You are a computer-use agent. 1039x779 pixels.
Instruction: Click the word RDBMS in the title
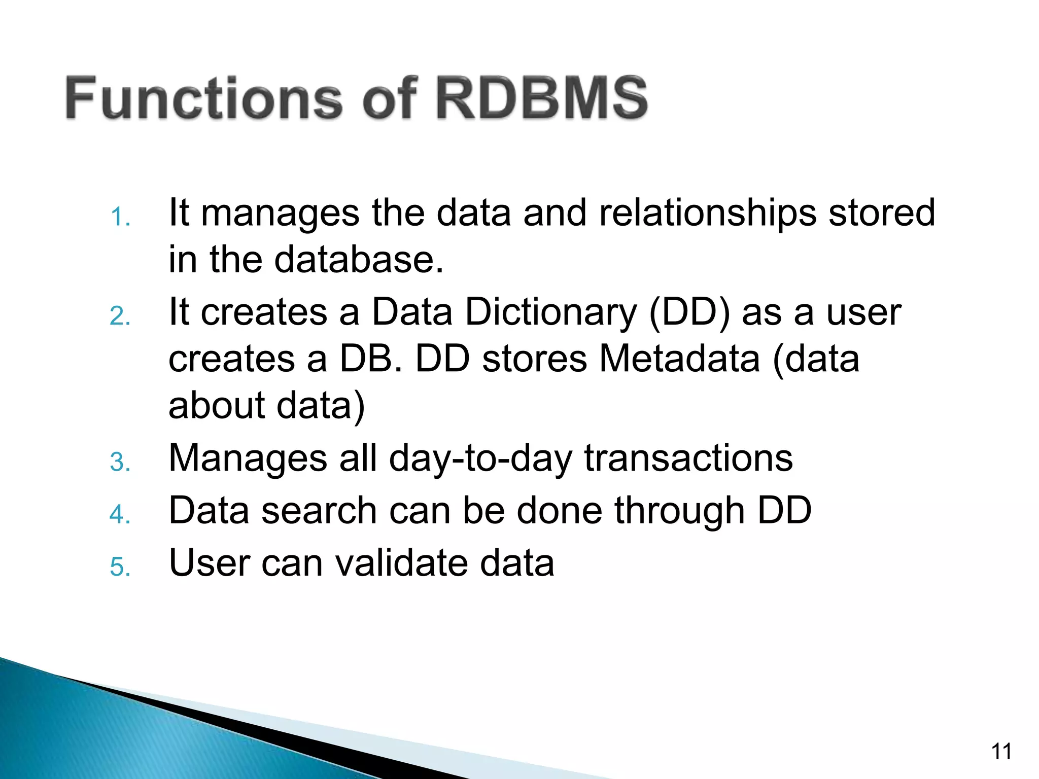pyautogui.click(x=541, y=98)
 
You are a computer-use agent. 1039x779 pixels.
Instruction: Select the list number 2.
pyautogui.click(x=120, y=316)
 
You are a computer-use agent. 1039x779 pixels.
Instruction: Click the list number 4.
pyautogui.click(x=120, y=515)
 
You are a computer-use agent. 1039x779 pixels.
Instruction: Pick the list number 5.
pyautogui.click(x=120, y=566)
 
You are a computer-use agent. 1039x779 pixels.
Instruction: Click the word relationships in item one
pyautogui.click(x=708, y=213)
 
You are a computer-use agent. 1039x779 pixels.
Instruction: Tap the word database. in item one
pyautogui.click(x=359, y=260)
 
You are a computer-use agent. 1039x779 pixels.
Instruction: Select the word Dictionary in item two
pyautogui.click(x=550, y=311)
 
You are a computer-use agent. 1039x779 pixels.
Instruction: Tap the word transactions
pyautogui.click(x=688, y=458)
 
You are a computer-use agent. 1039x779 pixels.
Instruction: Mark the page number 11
pyautogui.click(x=1001, y=752)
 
